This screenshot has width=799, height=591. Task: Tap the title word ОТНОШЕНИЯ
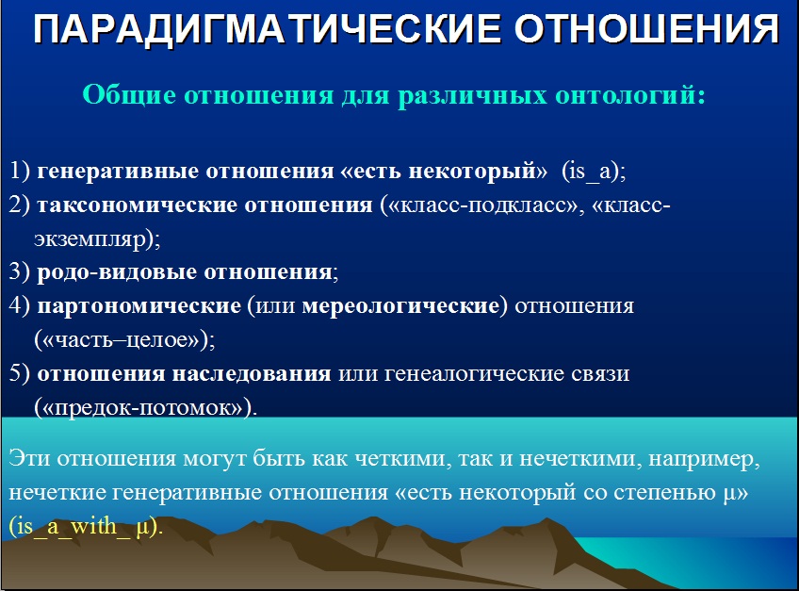(x=646, y=29)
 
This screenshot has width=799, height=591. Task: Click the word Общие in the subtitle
(x=129, y=95)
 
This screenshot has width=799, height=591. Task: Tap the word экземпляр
(x=90, y=239)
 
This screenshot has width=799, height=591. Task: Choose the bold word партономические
(x=139, y=306)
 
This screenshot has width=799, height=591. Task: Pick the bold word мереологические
(x=401, y=306)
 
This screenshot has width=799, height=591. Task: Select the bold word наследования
(x=252, y=374)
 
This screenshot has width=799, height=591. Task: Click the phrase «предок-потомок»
(x=142, y=408)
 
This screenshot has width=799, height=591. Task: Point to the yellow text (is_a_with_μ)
(x=86, y=526)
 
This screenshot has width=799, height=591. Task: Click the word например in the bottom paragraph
(x=704, y=459)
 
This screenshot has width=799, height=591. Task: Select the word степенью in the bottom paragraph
(x=665, y=493)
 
